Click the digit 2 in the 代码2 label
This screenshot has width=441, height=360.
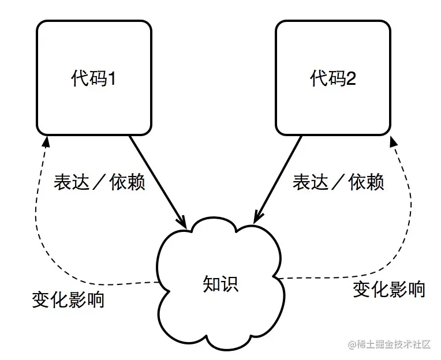pos(351,78)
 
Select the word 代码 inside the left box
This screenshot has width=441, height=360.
pos(88,78)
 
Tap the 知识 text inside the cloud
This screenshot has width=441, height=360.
pos(220,284)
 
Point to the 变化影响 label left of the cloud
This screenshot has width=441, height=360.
pos(68,300)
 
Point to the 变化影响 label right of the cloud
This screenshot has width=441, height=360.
pos(389,289)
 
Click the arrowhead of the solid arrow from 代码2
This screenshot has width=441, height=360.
pos(255,220)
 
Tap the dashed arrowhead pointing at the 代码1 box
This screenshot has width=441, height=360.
pos(45,141)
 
